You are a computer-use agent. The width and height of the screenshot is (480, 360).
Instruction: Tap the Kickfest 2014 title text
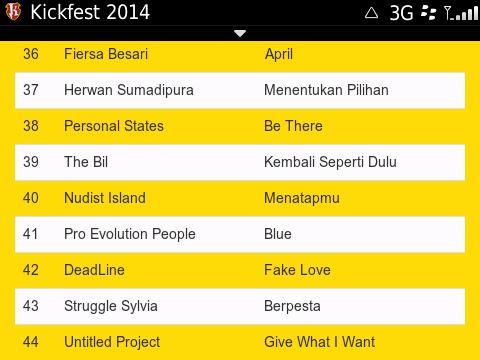click(90, 13)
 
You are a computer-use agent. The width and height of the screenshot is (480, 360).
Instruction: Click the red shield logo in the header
click(14, 13)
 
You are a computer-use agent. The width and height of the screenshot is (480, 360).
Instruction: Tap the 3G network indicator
click(402, 13)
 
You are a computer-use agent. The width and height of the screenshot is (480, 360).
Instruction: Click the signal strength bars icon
click(462, 13)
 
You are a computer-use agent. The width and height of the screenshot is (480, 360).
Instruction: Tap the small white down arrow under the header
click(239, 33)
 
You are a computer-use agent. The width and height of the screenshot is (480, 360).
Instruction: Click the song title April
click(279, 54)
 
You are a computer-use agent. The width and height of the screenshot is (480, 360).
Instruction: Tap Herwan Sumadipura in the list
click(129, 90)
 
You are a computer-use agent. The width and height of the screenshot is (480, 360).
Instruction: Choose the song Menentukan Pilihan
click(326, 90)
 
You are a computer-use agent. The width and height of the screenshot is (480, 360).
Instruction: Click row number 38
click(30, 126)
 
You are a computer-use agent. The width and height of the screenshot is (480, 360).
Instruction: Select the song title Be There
click(293, 126)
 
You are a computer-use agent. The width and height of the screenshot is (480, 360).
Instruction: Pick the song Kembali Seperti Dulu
click(330, 162)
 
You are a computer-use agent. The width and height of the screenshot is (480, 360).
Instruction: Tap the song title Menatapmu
click(302, 198)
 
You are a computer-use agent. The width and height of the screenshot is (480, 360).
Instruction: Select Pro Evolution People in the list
click(130, 234)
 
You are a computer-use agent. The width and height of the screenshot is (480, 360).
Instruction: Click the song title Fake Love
click(297, 270)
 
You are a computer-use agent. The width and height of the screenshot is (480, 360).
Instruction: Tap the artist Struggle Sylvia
click(111, 306)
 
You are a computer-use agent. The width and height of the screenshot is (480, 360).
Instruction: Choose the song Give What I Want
click(320, 342)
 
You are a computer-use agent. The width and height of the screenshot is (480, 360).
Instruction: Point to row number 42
click(30, 270)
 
